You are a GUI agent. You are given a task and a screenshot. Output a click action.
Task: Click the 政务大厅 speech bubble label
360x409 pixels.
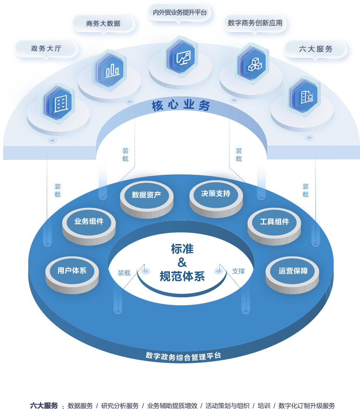[46, 49]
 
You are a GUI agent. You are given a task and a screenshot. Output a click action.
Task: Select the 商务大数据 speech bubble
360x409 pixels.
[103, 23]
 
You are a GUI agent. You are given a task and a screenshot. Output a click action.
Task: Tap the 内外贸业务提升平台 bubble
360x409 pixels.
[179, 12]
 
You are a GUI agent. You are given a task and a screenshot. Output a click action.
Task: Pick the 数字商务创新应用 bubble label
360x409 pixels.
[255, 23]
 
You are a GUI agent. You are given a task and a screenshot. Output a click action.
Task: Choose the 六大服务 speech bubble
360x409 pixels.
[315, 49]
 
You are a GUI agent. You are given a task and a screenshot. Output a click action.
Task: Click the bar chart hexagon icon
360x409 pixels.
[112, 70]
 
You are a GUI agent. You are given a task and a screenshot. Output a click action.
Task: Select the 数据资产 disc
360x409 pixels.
[146, 195]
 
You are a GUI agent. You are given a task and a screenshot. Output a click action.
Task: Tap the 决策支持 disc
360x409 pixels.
[216, 194]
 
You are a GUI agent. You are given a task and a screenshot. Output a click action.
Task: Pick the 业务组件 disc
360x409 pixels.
[89, 222]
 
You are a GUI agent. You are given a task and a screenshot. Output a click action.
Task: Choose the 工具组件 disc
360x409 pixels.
[274, 222]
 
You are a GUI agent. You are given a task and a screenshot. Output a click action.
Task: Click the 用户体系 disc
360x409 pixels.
[72, 271]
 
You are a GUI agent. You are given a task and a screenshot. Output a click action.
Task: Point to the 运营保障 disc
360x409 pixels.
[293, 271]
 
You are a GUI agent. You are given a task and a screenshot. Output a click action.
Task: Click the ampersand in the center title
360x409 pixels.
[182, 263]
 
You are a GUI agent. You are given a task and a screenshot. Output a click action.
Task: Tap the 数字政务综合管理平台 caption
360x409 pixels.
[183, 356]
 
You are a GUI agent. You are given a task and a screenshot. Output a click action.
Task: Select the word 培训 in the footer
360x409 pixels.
[264, 405]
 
